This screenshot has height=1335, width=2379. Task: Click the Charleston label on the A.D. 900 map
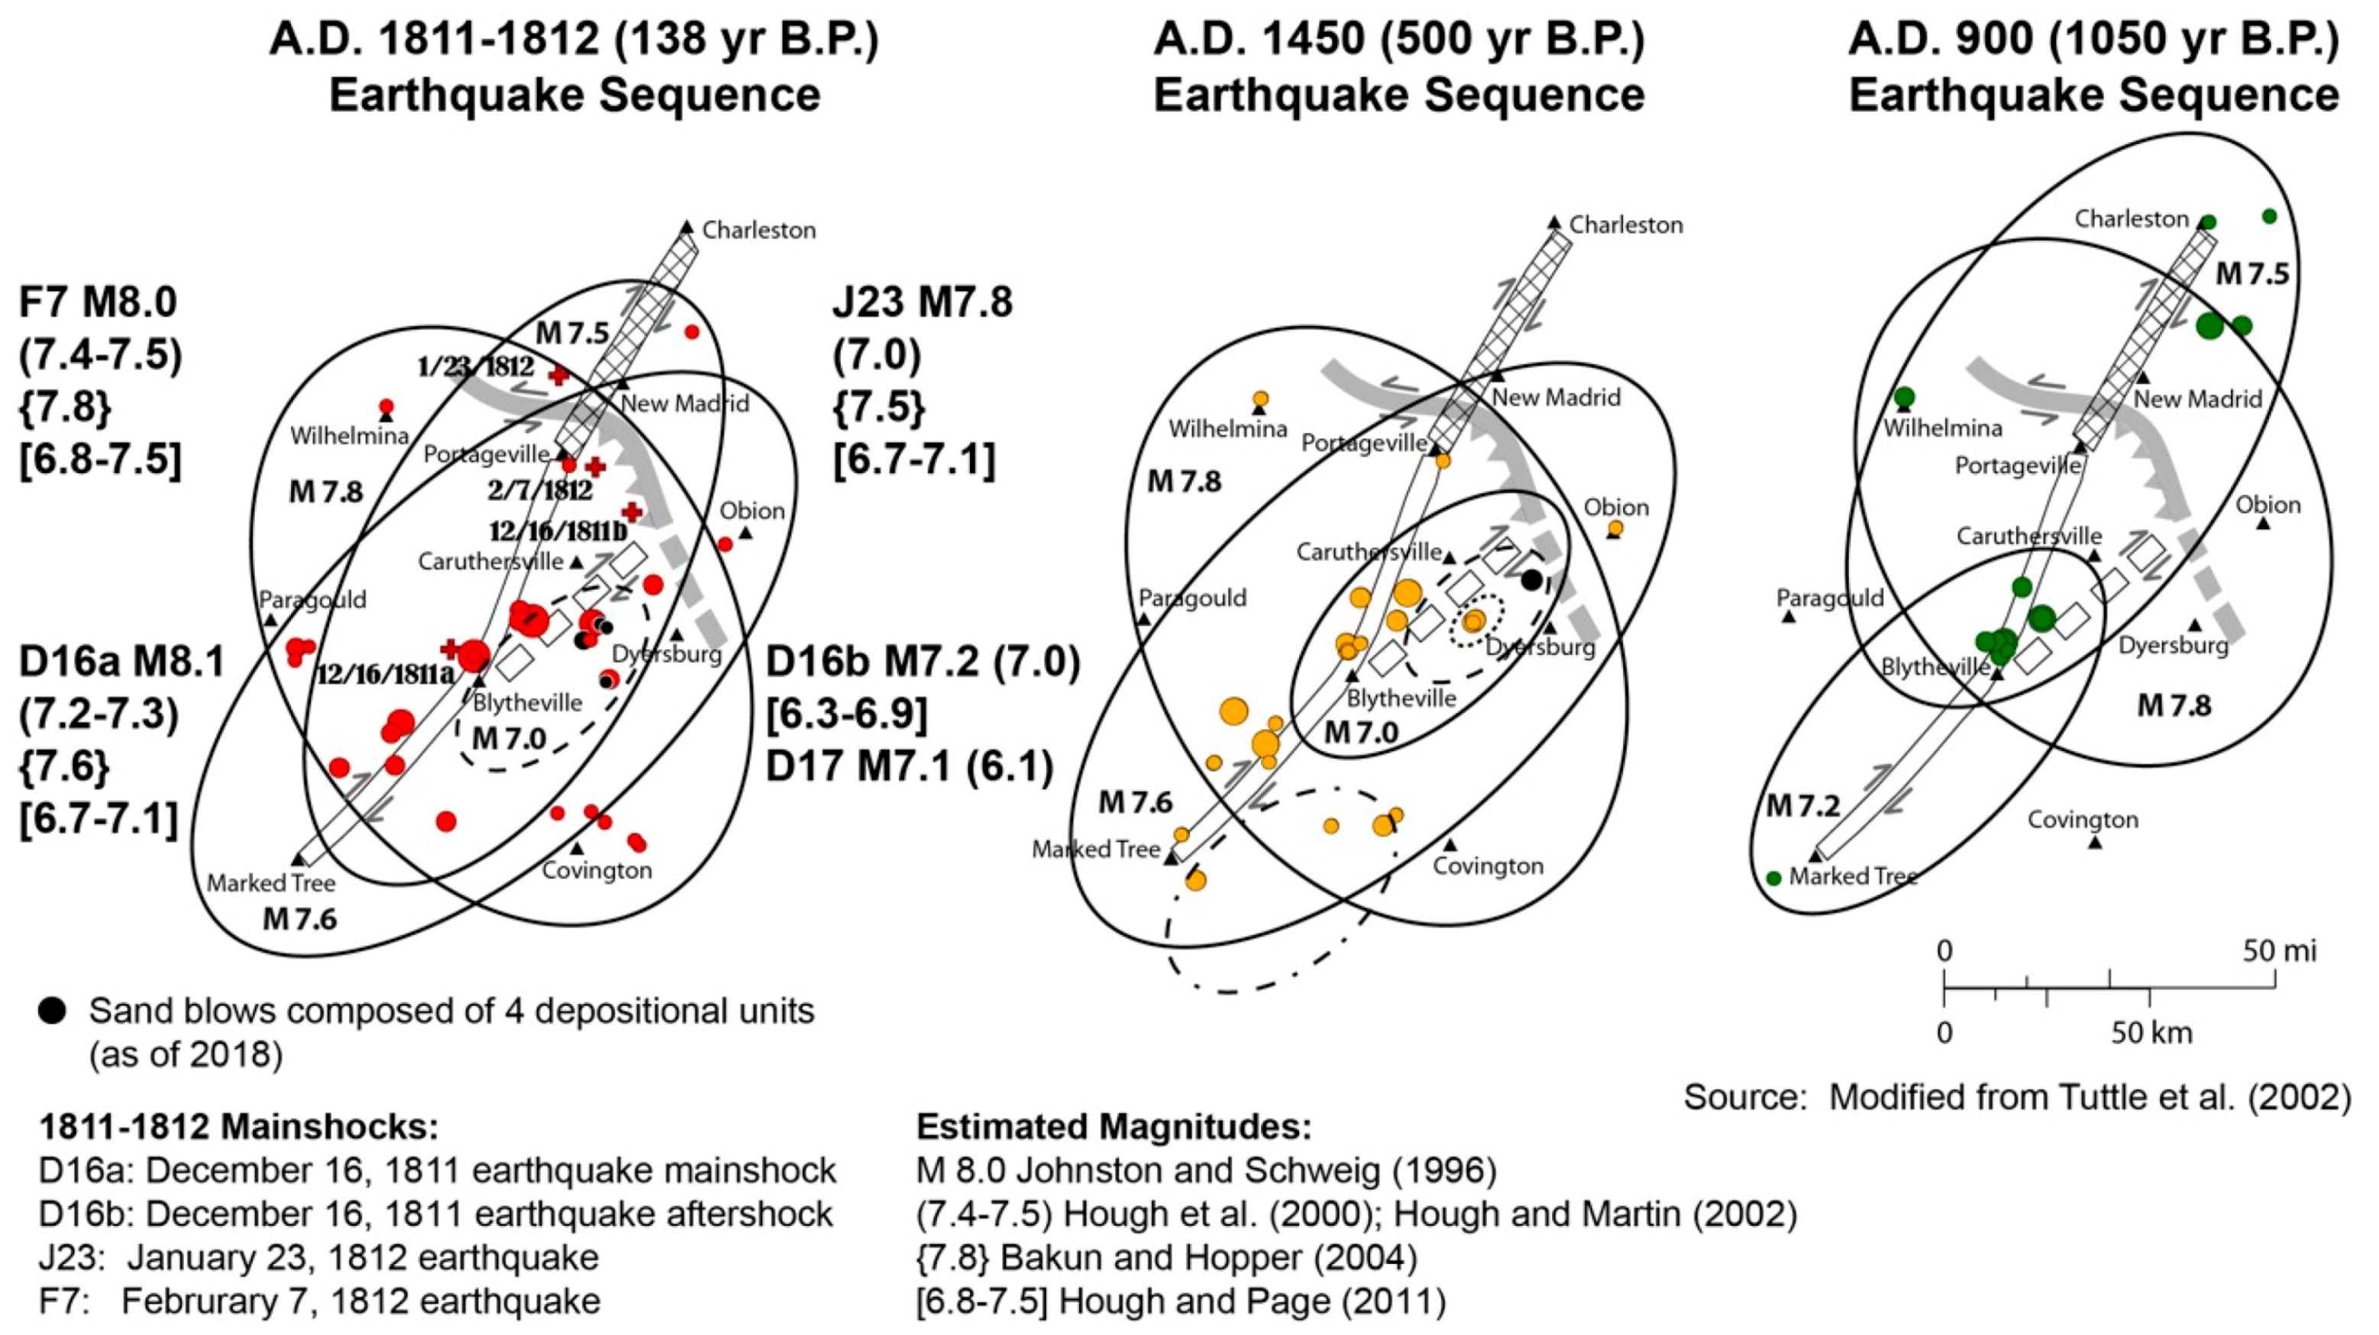(2132, 219)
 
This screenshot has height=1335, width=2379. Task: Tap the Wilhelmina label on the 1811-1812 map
(349, 435)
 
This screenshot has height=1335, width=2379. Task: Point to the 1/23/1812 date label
(475, 366)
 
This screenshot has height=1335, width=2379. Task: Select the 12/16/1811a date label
(385, 674)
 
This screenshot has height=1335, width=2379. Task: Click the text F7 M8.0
(98, 302)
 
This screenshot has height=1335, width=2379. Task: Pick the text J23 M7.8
(922, 302)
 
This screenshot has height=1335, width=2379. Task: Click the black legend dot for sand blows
(52, 1011)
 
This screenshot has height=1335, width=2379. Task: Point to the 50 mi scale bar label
(2279, 951)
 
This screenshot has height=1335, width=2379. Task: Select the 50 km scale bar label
(2151, 1032)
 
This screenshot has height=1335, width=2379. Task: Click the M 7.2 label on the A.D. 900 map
(1802, 806)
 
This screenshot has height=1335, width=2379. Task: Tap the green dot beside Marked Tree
(1773, 878)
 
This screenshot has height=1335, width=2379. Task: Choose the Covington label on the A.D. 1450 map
(1488, 866)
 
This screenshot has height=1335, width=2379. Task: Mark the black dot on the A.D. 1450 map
(1532, 580)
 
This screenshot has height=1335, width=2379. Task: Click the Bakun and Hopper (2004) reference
(1166, 1257)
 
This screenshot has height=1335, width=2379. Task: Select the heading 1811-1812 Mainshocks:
(238, 1127)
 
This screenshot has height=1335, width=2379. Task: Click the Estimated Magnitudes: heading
(1113, 1127)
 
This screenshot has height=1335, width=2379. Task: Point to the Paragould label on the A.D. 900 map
(1830, 598)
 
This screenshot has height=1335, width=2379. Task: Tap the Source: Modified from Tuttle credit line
(2017, 1097)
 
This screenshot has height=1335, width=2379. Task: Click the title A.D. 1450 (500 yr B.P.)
(1398, 39)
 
